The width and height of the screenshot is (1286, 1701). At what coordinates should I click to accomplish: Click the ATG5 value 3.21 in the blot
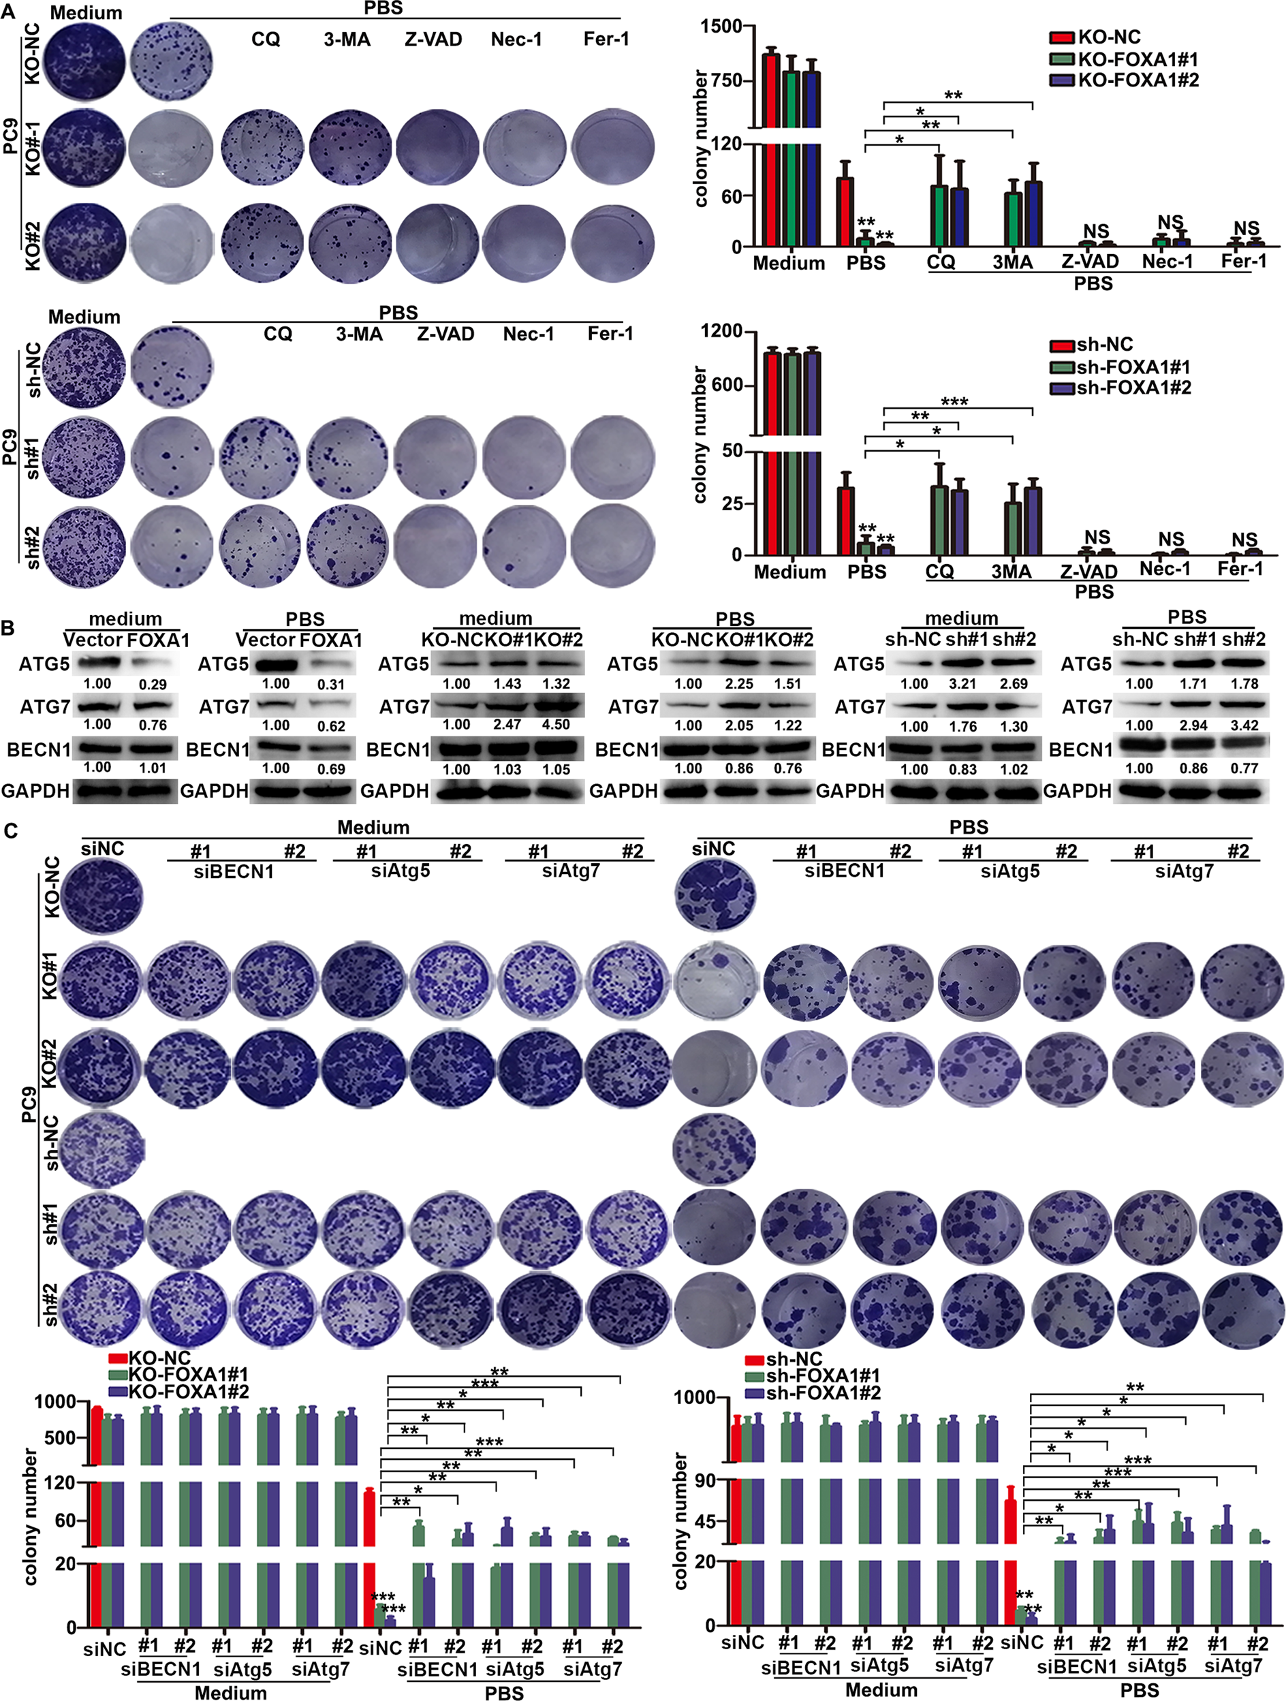[964, 685]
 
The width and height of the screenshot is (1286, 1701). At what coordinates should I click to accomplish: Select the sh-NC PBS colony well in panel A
[172, 366]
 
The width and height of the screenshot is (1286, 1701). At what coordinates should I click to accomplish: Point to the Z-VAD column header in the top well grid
[433, 40]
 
